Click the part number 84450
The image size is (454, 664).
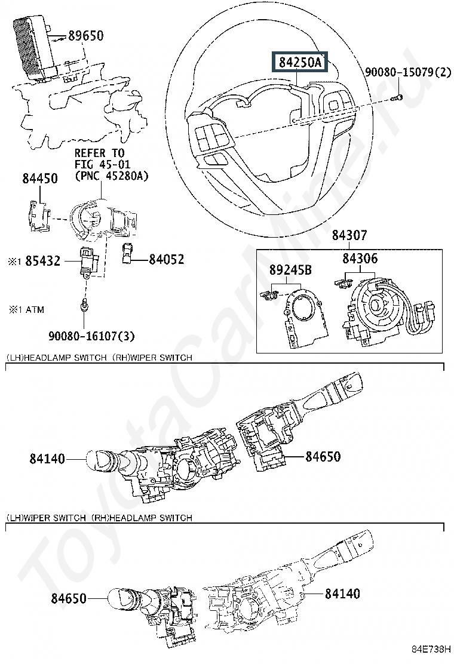(x=40, y=178)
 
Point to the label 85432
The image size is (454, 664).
(x=42, y=261)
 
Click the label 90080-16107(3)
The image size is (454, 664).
(x=91, y=337)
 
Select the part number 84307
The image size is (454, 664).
(x=350, y=235)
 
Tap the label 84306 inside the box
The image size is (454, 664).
(x=360, y=259)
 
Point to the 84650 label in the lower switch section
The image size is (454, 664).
(x=69, y=598)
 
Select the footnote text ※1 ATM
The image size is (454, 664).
(x=26, y=310)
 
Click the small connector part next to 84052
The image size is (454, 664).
(x=128, y=253)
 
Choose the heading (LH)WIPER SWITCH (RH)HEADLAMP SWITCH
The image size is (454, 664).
(x=99, y=518)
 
